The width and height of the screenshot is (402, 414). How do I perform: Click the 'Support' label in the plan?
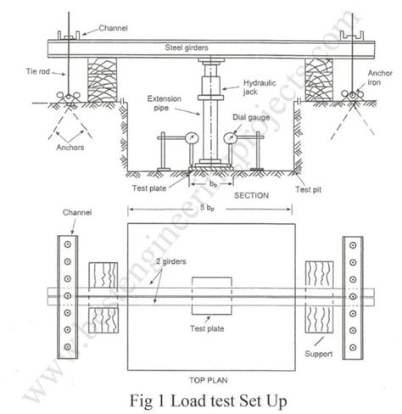[321, 347]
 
